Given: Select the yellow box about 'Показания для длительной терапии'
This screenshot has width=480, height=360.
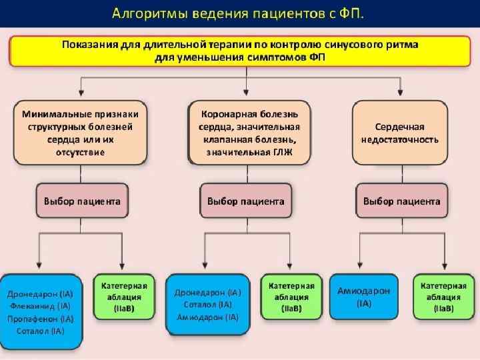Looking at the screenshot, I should tap(241, 51).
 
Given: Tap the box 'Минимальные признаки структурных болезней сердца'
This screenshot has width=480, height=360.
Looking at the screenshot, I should tap(81, 131).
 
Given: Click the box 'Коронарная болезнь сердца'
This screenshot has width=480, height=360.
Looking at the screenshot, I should tap(248, 131).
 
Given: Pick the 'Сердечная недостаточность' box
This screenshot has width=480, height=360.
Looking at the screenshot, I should tap(400, 131).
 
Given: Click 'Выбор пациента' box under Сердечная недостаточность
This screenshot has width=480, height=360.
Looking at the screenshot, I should tap(401, 201).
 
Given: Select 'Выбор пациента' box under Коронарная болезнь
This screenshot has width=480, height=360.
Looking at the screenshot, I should tap(245, 201).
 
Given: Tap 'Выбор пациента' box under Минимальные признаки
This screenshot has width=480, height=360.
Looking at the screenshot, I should tap(81, 201).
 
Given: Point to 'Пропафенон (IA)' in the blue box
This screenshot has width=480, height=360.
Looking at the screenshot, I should tap(41, 319).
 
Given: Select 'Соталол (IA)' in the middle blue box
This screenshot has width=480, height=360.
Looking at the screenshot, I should tap(207, 305).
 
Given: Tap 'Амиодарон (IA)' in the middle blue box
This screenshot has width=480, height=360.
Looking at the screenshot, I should tap(207, 317).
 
